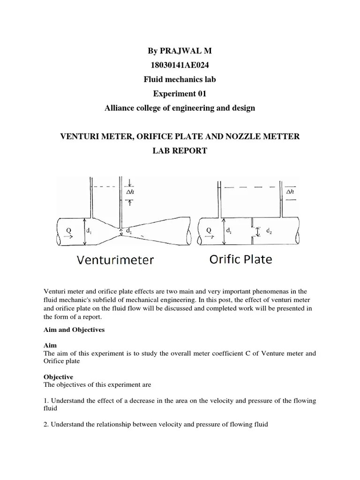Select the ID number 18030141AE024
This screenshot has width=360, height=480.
pos(180,65)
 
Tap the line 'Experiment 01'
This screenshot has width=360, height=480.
pos(180,94)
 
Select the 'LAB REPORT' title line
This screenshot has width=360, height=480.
pos(180,151)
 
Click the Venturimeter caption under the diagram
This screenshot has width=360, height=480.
pos(115,260)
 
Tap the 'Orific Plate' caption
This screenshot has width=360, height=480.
pos(240,259)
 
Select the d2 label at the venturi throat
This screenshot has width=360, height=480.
pos(128,231)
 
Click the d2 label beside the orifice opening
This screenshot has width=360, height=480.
pos(269,231)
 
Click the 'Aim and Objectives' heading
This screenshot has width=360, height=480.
pos(74,330)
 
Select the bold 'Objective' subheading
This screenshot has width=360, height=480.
pos(59,376)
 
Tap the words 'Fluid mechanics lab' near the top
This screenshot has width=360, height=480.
pos(180,80)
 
